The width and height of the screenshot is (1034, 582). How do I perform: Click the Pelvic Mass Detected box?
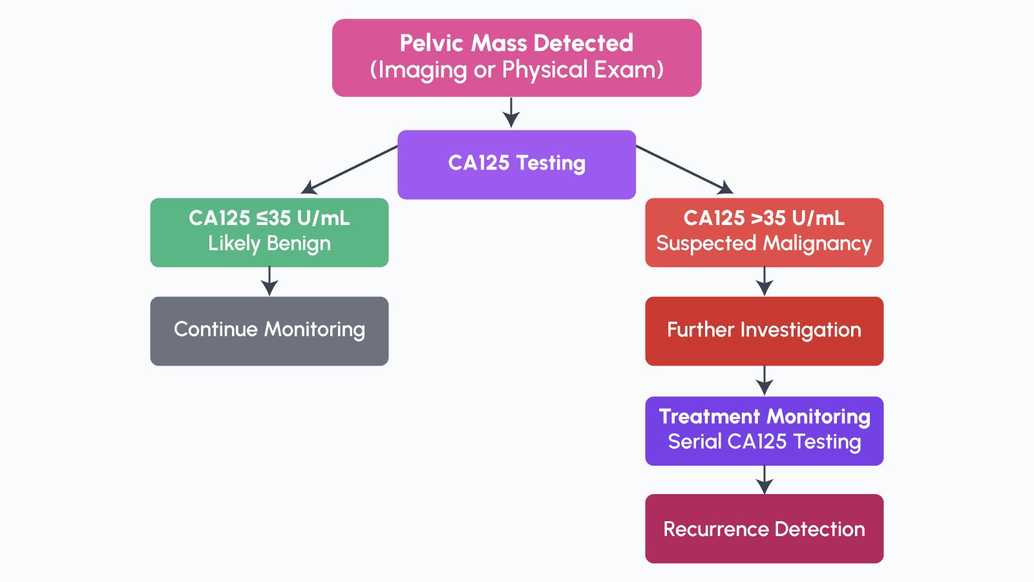click(x=516, y=58)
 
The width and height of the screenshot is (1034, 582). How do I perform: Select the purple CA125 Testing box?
click(x=516, y=164)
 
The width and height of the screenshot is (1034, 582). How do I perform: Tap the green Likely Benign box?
click(x=269, y=232)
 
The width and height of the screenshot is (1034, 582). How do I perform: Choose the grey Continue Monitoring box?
click(x=269, y=331)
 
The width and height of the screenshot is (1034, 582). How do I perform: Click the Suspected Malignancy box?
click(x=764, y=232)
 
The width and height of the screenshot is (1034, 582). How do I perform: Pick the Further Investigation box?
click(x=764, y=331)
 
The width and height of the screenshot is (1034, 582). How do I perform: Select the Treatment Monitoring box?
click(x=764, y=431)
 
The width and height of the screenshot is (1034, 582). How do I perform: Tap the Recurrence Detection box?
click(x=764, y=528)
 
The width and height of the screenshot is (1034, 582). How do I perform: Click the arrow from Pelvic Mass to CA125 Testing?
click(x=511, y=113)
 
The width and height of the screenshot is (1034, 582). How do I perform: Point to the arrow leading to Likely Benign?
click(x=349, y=169)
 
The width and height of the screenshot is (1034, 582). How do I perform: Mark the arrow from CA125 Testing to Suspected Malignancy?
click(x=685, y=169)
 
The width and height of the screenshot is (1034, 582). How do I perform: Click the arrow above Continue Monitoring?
click(x=269, y=281)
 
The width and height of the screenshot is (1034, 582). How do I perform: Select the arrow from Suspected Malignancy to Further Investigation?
click(x=765, y=281)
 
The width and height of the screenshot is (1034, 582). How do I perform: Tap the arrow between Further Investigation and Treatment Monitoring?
click(x=765, y=380)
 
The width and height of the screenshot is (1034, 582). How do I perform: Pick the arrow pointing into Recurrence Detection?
click(x=765, y=480)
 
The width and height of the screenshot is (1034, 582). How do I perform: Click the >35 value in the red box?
click(x=768, y=218)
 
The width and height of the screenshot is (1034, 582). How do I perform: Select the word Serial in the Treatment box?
click(x=695, y=442)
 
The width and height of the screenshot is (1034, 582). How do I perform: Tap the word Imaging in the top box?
click(x=422, y=70)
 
